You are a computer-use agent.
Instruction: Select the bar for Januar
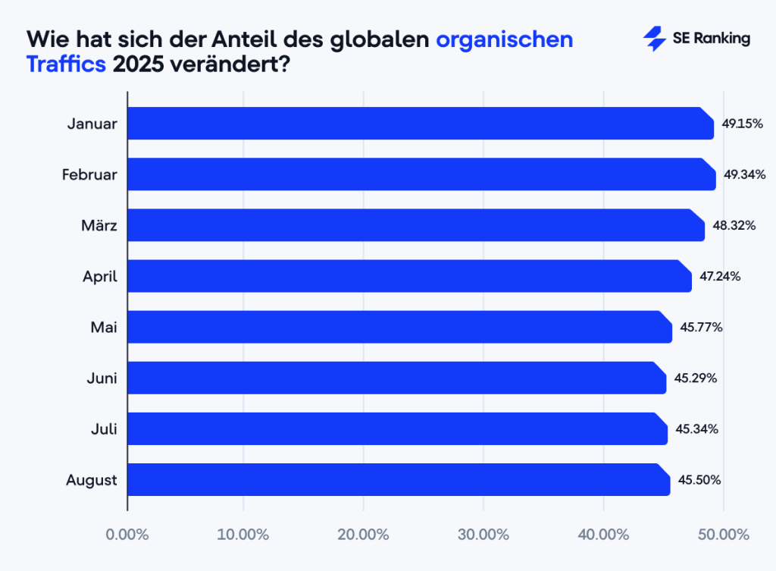coord(421,124)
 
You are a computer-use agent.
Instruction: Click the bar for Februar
coord(421,174)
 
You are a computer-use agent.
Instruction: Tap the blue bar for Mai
coord(399,327)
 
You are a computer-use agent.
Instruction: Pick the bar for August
coord(399,479)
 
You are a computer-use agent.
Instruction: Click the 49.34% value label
coord(744,174)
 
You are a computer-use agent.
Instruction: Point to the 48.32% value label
coord(733,225)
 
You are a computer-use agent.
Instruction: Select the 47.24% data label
coord(719,276)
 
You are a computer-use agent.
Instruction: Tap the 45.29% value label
coord(696,378)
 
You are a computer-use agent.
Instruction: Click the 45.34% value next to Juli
coord(696,428)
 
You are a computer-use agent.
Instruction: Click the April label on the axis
coord(100,276)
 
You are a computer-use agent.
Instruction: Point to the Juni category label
coord(102,378)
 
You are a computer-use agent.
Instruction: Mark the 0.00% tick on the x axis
coord(127,534)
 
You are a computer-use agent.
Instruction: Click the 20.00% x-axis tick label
coord(362,534)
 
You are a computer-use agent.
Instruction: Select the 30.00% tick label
coord(483,534)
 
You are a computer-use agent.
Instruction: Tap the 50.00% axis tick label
coord(723,534)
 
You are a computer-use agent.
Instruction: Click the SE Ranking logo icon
coord(654,39)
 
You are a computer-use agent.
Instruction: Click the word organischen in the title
coord(504,39)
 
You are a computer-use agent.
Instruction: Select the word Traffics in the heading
coord(66,64)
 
